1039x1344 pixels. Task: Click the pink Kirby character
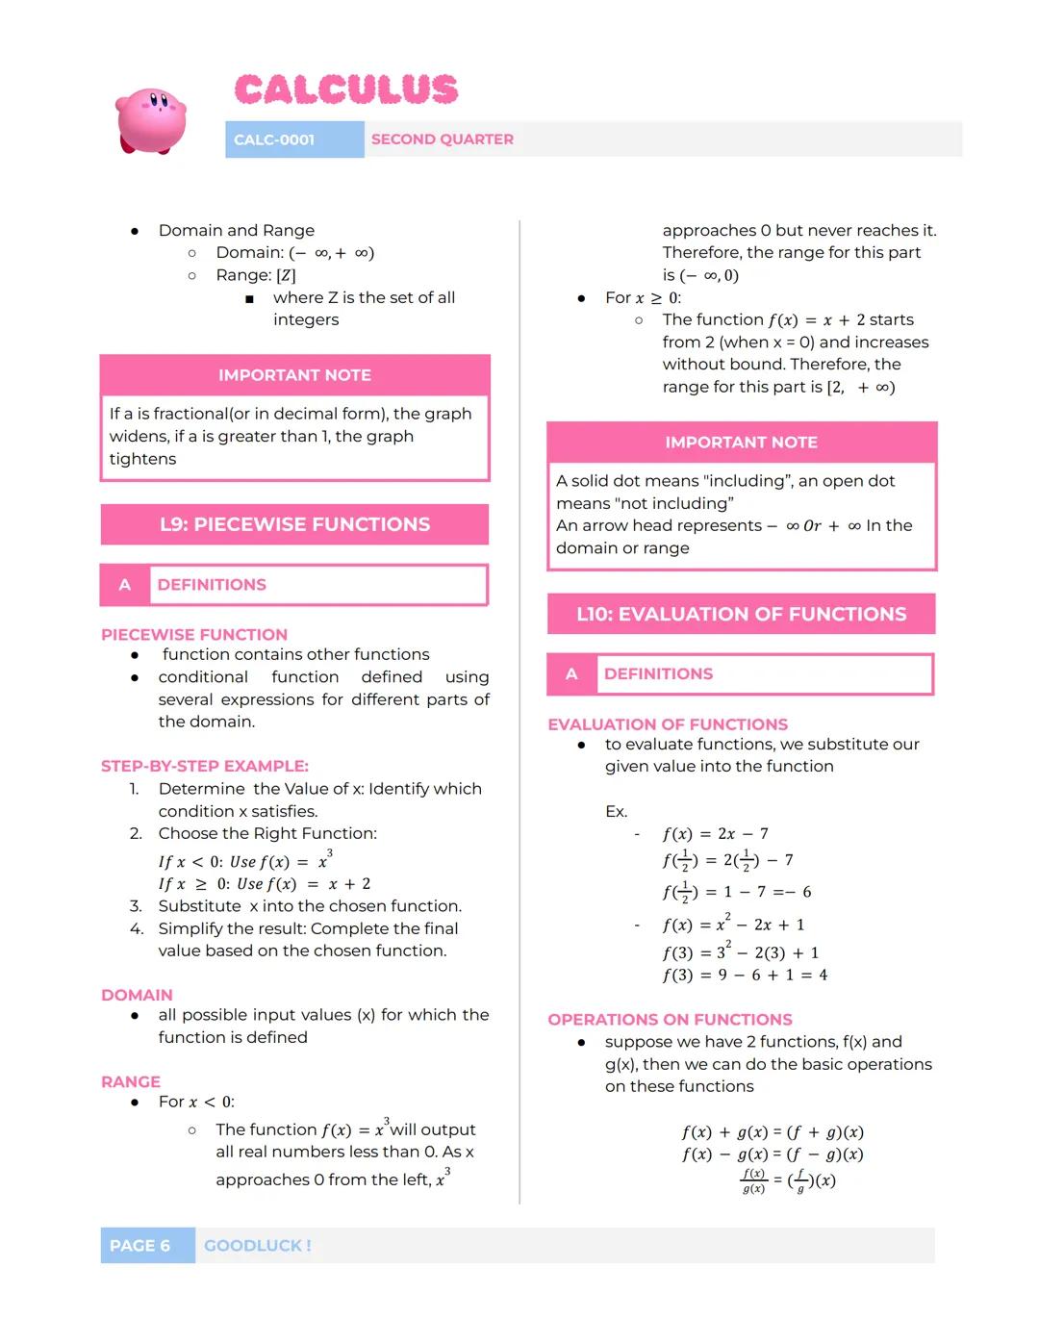point(150,120)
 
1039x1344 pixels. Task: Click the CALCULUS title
point(346,89)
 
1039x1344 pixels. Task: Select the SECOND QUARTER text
point(443,139)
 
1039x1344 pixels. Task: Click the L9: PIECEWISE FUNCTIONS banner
point(294,524)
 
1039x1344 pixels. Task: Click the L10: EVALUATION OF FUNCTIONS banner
point(741,614)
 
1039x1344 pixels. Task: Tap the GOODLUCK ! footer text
point(258,1245)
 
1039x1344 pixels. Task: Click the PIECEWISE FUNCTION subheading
point(194,635)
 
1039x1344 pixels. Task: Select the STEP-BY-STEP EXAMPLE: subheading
point(205,766)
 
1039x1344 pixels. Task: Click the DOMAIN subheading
point(137,995)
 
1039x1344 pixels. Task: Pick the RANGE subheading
point(131,1081)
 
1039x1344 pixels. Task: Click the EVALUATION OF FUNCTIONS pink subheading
point(668,724)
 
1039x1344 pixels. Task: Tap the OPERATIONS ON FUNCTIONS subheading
point(670,1019)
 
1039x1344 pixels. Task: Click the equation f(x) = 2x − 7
point(715,834)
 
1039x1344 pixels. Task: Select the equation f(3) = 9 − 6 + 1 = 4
point(745,976)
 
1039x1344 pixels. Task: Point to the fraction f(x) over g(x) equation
point(787,1180)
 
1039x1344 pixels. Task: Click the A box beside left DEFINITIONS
point(125,585)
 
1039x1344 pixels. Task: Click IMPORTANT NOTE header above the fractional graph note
point(294,375)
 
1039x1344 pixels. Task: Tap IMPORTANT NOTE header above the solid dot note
point(741,443)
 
